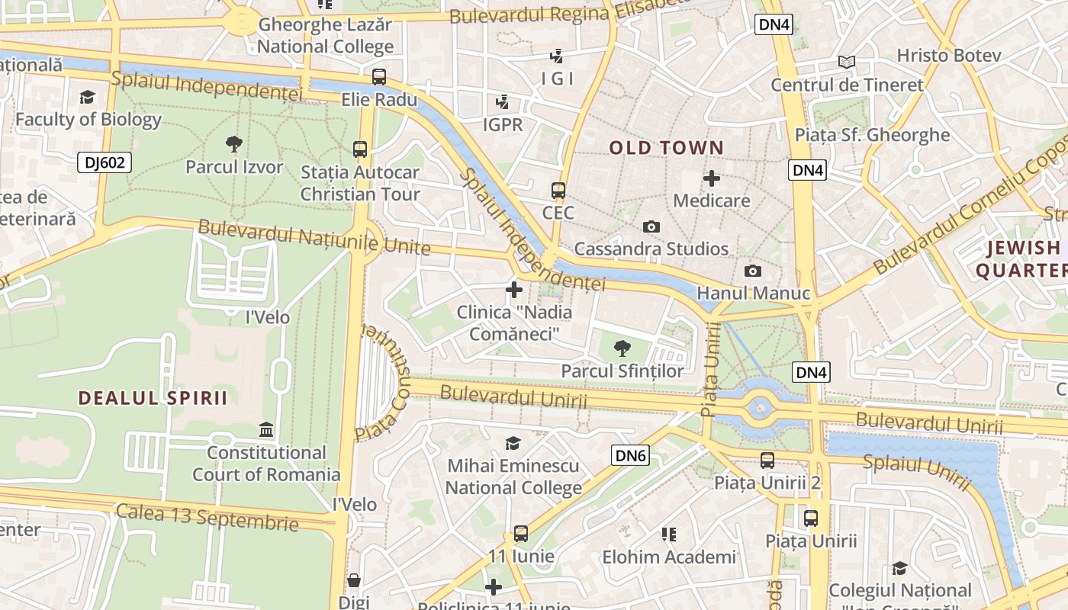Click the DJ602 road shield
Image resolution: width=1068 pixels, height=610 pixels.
105,162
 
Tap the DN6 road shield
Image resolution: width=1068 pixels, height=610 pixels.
631,456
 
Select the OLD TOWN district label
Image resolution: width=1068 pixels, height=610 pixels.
666,148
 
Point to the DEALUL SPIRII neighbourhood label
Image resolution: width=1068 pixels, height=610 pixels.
153,398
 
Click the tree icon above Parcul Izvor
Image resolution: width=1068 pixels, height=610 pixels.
234,143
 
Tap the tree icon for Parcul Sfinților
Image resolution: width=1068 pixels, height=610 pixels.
622,348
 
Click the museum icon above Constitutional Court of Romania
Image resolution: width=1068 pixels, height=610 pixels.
266,429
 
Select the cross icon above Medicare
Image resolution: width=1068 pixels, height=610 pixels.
712,178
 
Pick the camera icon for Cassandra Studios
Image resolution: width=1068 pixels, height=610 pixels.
651,226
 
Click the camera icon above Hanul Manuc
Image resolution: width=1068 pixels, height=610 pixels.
752,271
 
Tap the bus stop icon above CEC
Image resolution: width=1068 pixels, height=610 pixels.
558,191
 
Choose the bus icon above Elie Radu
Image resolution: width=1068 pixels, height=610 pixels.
379,77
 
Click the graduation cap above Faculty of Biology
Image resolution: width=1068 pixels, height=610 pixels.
88,97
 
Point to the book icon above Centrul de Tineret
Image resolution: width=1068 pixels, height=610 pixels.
846,62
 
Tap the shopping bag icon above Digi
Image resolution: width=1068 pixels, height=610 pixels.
354,580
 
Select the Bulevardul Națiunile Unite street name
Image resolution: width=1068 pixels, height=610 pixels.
314,238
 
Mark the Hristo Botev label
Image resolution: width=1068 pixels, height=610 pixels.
949,56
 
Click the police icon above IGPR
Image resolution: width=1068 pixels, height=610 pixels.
503,101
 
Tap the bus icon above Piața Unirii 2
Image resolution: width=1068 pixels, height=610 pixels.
767,461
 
